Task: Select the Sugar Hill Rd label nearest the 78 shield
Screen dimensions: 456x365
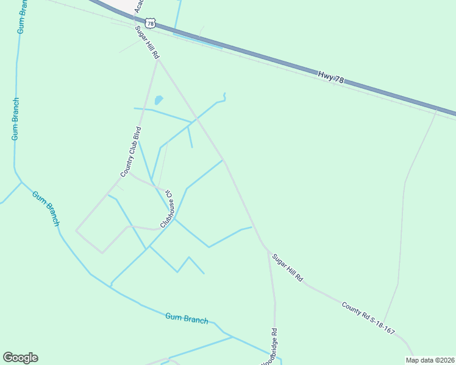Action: pos(148,43)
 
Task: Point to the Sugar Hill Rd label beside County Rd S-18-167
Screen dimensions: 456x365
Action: pos(287,268)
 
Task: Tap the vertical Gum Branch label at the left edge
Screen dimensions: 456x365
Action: pos(16,119)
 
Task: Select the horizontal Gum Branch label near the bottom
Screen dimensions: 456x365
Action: pos(187,318)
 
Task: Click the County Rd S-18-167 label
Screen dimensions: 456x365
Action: pos(368,318)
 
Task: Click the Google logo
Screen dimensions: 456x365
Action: pos(20,358)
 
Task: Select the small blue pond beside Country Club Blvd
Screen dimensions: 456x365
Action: pos(159,100)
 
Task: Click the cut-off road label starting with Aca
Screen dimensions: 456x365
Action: pos(138,6)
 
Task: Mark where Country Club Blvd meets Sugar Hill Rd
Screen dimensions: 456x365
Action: pos(158,61)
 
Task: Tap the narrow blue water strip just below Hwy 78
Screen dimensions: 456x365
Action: pos(201,38)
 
